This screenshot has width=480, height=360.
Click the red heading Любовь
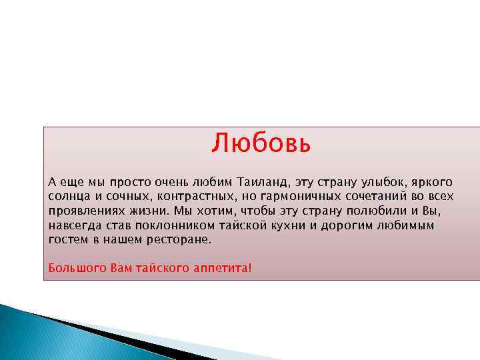(x=261, y=143)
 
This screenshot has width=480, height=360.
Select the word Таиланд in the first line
(x=261, y=182)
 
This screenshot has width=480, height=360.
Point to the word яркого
(x=434, y=182)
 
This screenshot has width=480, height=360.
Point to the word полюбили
(x=369, y=211)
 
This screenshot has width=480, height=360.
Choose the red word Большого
(x=73, y=268)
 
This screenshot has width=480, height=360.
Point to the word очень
(x=172, y=182)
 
